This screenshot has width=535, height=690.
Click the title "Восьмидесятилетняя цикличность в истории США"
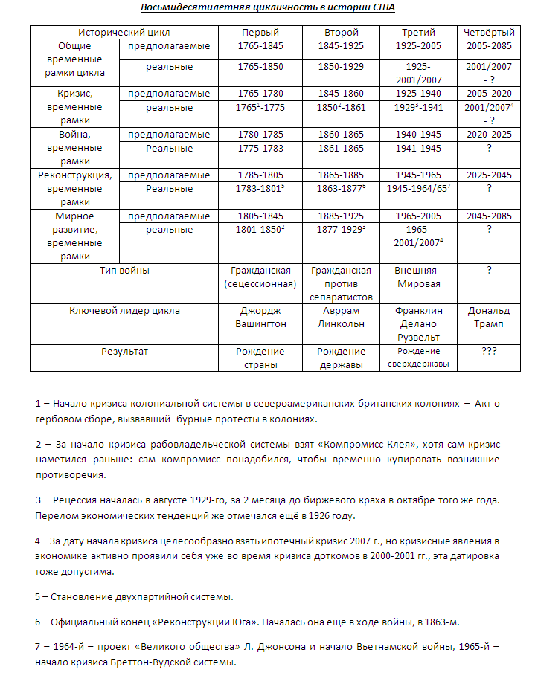coord(267,8)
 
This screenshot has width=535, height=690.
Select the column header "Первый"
coord(260,33)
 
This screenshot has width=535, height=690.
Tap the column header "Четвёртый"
coord(489,33)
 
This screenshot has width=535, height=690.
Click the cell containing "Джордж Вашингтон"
coord(260,317)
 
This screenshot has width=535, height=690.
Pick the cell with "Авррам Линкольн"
coord(341,317)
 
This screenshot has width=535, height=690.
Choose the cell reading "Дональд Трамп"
coord(489,317)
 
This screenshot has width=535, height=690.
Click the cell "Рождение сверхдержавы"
coord(418,358)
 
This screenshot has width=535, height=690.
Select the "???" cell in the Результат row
coord(489,351)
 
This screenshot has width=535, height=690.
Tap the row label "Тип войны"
coord(124,271)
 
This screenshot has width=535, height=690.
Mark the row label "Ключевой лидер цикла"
coord(124,311)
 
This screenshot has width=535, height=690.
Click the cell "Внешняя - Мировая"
coord(418,277)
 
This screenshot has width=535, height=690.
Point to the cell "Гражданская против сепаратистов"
coord(341,283)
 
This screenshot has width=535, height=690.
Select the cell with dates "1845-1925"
coord(341,46)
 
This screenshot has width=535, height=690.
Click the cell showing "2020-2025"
coord(489,135)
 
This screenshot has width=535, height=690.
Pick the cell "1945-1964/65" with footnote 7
coord(418,189)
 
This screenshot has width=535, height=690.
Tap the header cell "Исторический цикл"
coord(124,33)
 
